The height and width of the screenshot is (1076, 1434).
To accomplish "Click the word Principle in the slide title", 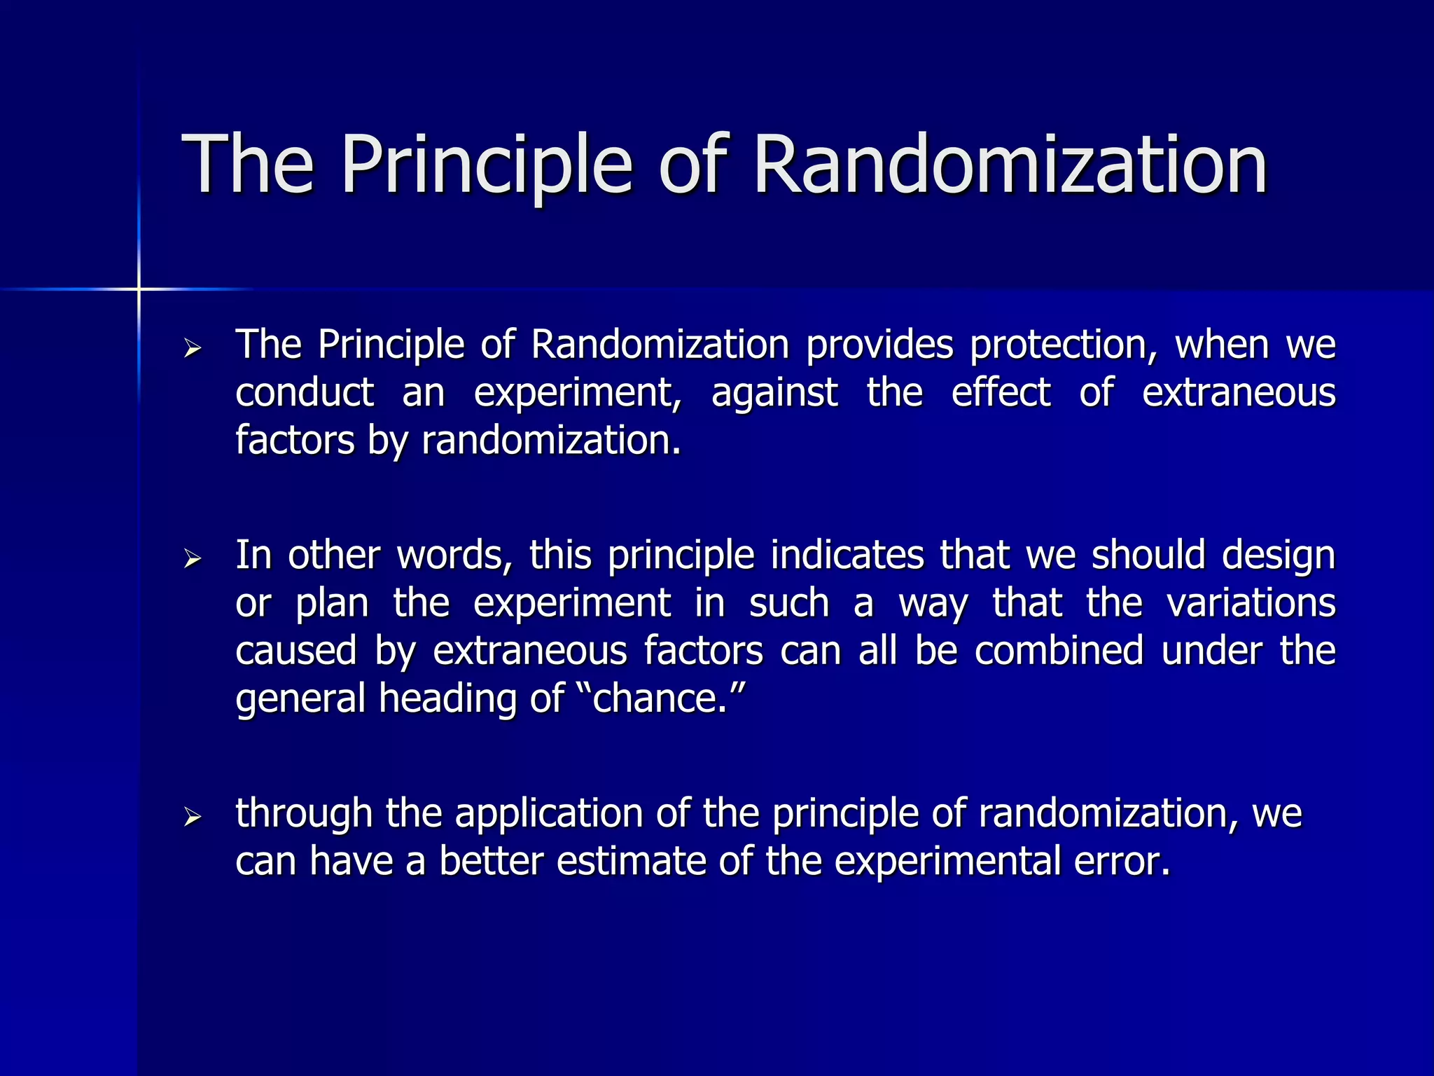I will tap(486, 165).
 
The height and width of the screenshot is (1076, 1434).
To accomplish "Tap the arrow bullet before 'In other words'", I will tap(193, 559).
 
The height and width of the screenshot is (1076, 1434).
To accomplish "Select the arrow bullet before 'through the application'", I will tap(193, 817).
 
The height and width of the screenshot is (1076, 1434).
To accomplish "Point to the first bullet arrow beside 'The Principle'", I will tap(193, 348).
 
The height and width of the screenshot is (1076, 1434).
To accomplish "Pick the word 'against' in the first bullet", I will tap(774, 392).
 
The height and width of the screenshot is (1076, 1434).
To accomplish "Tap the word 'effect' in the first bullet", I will tap(1001, 392).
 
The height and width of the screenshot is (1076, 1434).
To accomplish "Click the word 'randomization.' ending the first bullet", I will tap(551, 441).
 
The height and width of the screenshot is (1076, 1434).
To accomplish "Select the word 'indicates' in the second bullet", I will tap(847, 555).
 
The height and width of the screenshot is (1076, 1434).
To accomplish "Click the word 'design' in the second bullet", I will tap(1279, 556).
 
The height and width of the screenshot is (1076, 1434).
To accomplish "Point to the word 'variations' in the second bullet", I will tap(1251, 603).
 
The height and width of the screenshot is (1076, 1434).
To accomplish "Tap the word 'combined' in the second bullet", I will tap(1059, 651).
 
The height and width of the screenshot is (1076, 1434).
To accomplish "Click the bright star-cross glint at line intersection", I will tap(139, 289).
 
